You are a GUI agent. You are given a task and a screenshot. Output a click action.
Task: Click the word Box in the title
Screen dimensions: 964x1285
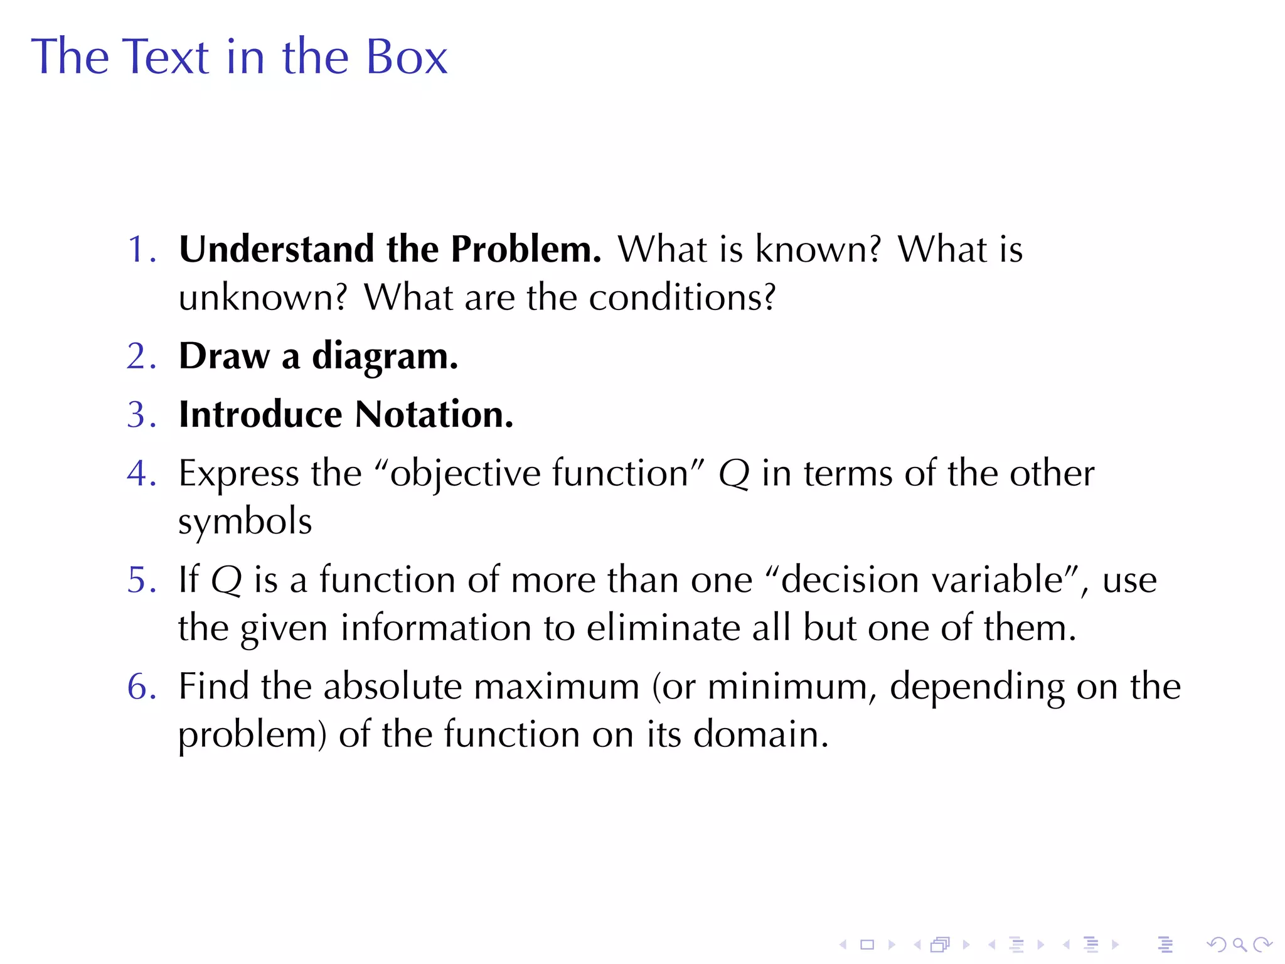click(x=406, y=57)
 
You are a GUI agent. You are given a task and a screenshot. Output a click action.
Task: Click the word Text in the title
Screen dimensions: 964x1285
click(x=164, y=57)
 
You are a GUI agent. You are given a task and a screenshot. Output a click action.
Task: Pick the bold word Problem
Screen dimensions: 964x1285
click(x=525, y=249)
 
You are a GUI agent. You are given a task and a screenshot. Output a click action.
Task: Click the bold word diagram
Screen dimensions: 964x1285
click(x=384, y=356)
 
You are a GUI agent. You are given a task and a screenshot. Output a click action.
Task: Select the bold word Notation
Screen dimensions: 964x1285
click(x=434, y=414)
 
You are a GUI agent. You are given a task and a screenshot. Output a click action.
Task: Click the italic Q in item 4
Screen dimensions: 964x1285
click(x=733, y=474)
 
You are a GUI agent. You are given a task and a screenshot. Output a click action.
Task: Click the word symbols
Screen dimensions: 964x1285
click(x=245, y=522)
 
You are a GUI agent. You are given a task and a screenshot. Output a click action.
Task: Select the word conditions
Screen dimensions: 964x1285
click(x=681, y=297)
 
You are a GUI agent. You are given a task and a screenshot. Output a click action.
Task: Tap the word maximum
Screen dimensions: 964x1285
click(x=557, y=686)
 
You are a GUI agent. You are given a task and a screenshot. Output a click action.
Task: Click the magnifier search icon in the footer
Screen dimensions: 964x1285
click(x=1239, y=944)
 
